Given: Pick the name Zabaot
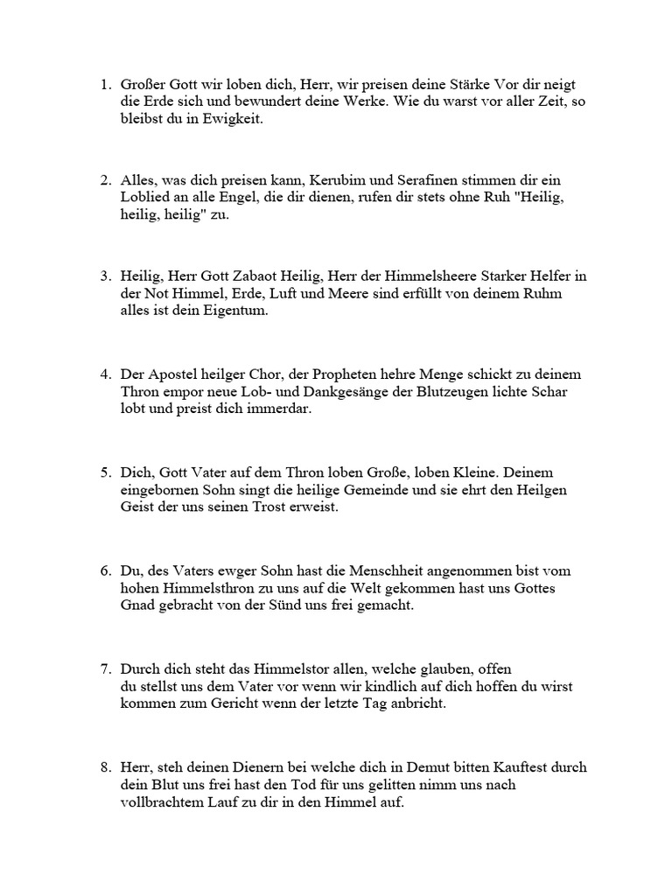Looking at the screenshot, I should click(x=273, y=276).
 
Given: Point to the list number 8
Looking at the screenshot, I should click(x=104, y=767).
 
